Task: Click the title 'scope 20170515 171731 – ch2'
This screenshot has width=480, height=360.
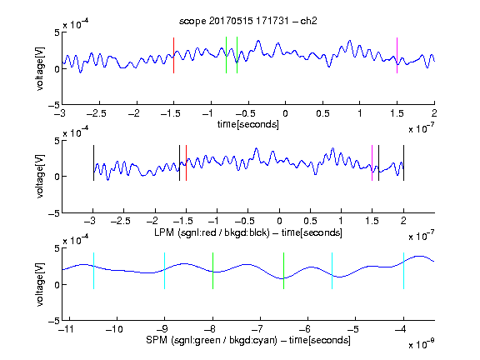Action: click(x=247, y=21)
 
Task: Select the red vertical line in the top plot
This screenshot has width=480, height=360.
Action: click(x=173, y=55)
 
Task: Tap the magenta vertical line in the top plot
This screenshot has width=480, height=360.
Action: click(x=397, y=55)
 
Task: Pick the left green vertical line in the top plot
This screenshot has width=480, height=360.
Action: click(x=226, y=55)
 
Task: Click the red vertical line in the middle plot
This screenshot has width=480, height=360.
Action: click(x=186, y=162)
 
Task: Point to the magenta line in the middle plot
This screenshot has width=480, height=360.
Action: click(x=372, y=162)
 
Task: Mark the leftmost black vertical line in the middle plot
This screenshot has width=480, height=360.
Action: click(x=93, y=162)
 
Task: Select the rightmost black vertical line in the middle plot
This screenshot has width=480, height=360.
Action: click(x=403, y=162)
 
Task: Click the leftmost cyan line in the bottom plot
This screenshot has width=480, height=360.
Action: click(x=93, y=271)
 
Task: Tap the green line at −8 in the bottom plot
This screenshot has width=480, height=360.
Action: click(x=212, y=271)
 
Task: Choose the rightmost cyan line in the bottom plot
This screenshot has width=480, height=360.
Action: click(x=404, y=271)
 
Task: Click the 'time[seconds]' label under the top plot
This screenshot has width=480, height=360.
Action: click(x=248, y=124)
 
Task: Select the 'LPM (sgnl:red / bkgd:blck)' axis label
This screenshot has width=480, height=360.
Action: click(x=212, y=232)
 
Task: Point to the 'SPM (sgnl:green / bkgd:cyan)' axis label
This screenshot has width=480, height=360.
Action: click(x=212, y=340)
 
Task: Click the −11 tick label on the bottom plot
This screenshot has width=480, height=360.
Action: click(x=66, y=329)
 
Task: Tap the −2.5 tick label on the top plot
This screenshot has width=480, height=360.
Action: click(x=97, y=113)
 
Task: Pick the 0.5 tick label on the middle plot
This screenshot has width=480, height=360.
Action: click(x=310, y=221)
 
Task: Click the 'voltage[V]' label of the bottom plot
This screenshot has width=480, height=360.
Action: click(x=40, y=284)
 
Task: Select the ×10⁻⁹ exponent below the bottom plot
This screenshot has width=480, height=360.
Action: click(x=422, y=344)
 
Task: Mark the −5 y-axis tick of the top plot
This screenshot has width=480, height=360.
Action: click(x=54, y=105)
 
